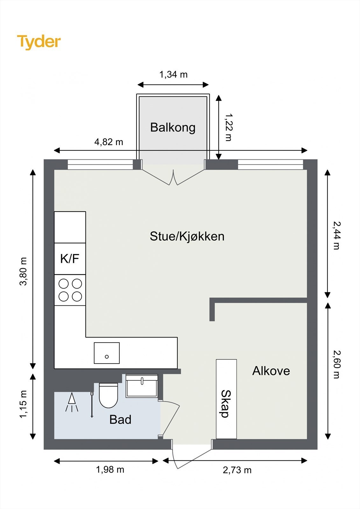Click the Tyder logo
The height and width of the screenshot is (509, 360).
tap(39, 42)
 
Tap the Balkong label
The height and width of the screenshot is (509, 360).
tap(173, 127)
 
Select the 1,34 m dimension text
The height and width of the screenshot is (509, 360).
tap(173, 74)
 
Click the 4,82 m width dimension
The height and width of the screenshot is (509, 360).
tap(109, 142)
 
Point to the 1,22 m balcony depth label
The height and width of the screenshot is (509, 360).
tap(229, 127)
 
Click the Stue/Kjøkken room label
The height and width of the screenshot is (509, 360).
tap(187, 236)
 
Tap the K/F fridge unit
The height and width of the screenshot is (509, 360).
tap(70, 259)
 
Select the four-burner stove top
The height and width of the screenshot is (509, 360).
tap(70, 290)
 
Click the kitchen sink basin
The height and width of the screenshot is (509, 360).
tap(107, 353)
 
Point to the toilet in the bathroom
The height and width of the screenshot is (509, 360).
tap(109, 395)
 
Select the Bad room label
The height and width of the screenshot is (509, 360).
tap(120, 420)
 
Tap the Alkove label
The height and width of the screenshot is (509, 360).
tap(271, 371)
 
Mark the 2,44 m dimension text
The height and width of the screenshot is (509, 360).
tap(336, 235)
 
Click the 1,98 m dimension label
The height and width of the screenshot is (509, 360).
tap(110, 470)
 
